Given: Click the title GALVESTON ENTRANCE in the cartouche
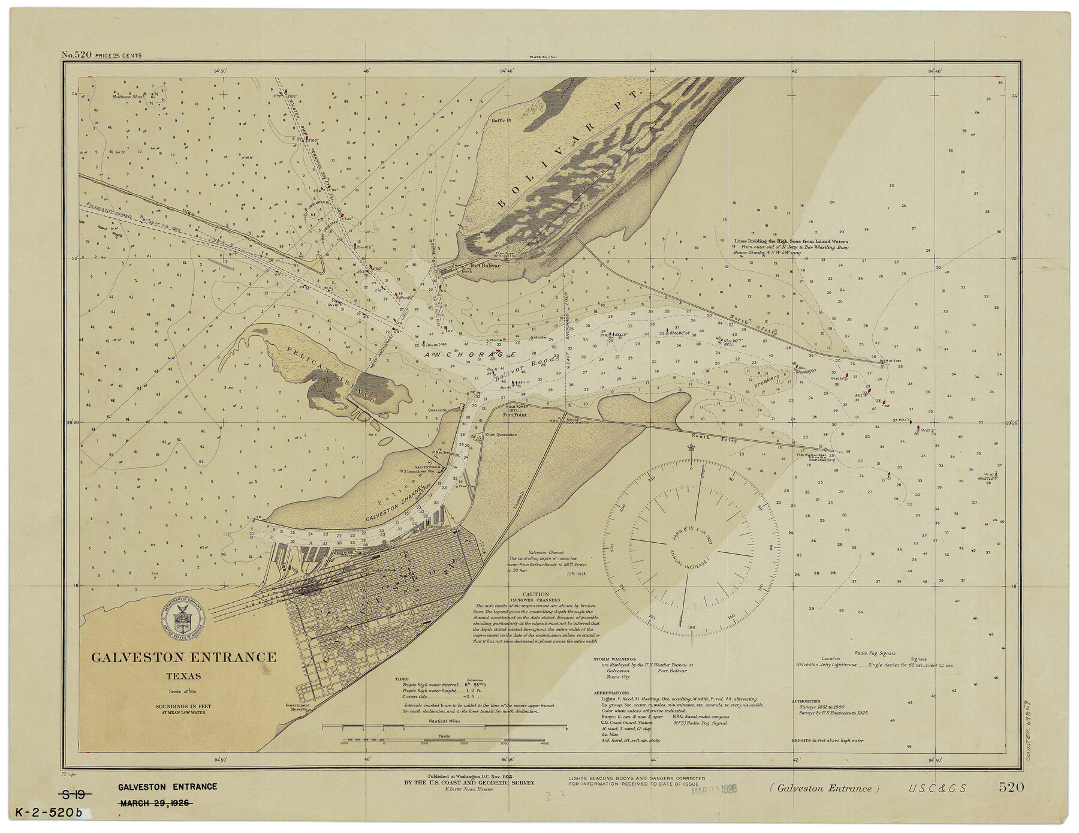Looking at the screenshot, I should coord(184,658).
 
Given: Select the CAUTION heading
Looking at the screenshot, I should coord(535,594).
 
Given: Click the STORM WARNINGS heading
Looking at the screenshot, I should coord(615,658).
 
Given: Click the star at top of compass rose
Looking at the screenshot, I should coord(691,447).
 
